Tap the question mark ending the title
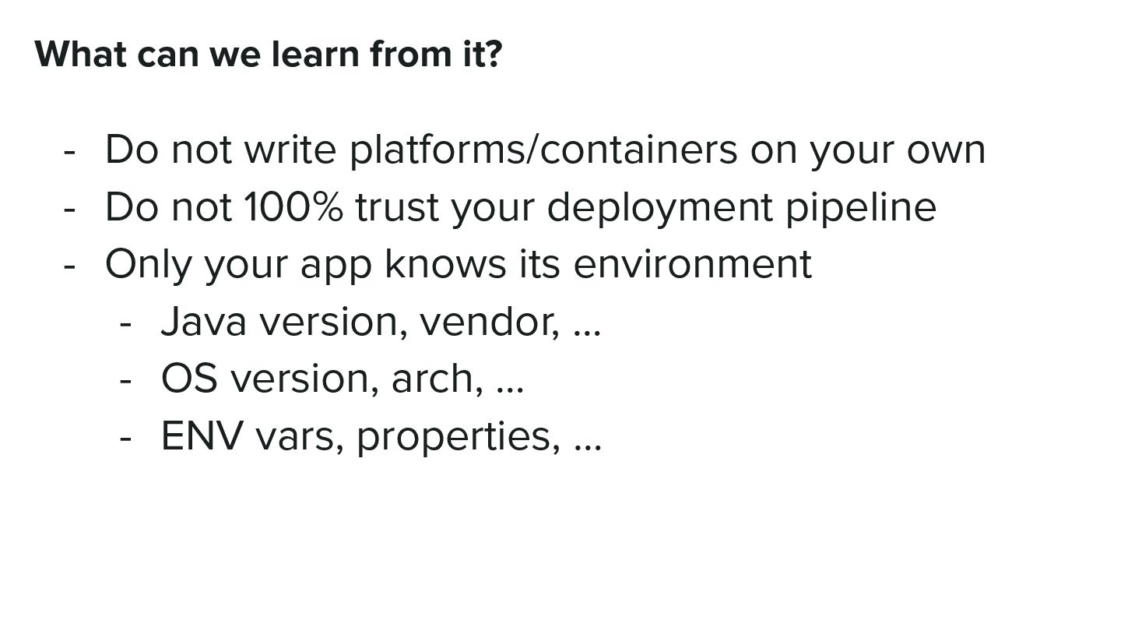[x=493, y=55]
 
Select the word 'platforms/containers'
[x=543, y=150]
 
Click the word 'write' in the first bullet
[x=290, y=150]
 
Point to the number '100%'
[x=293, y=207]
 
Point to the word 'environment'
[x=692, y=264]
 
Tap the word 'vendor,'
[x=490, y=322]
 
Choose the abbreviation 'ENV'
[x=201, y=435]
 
